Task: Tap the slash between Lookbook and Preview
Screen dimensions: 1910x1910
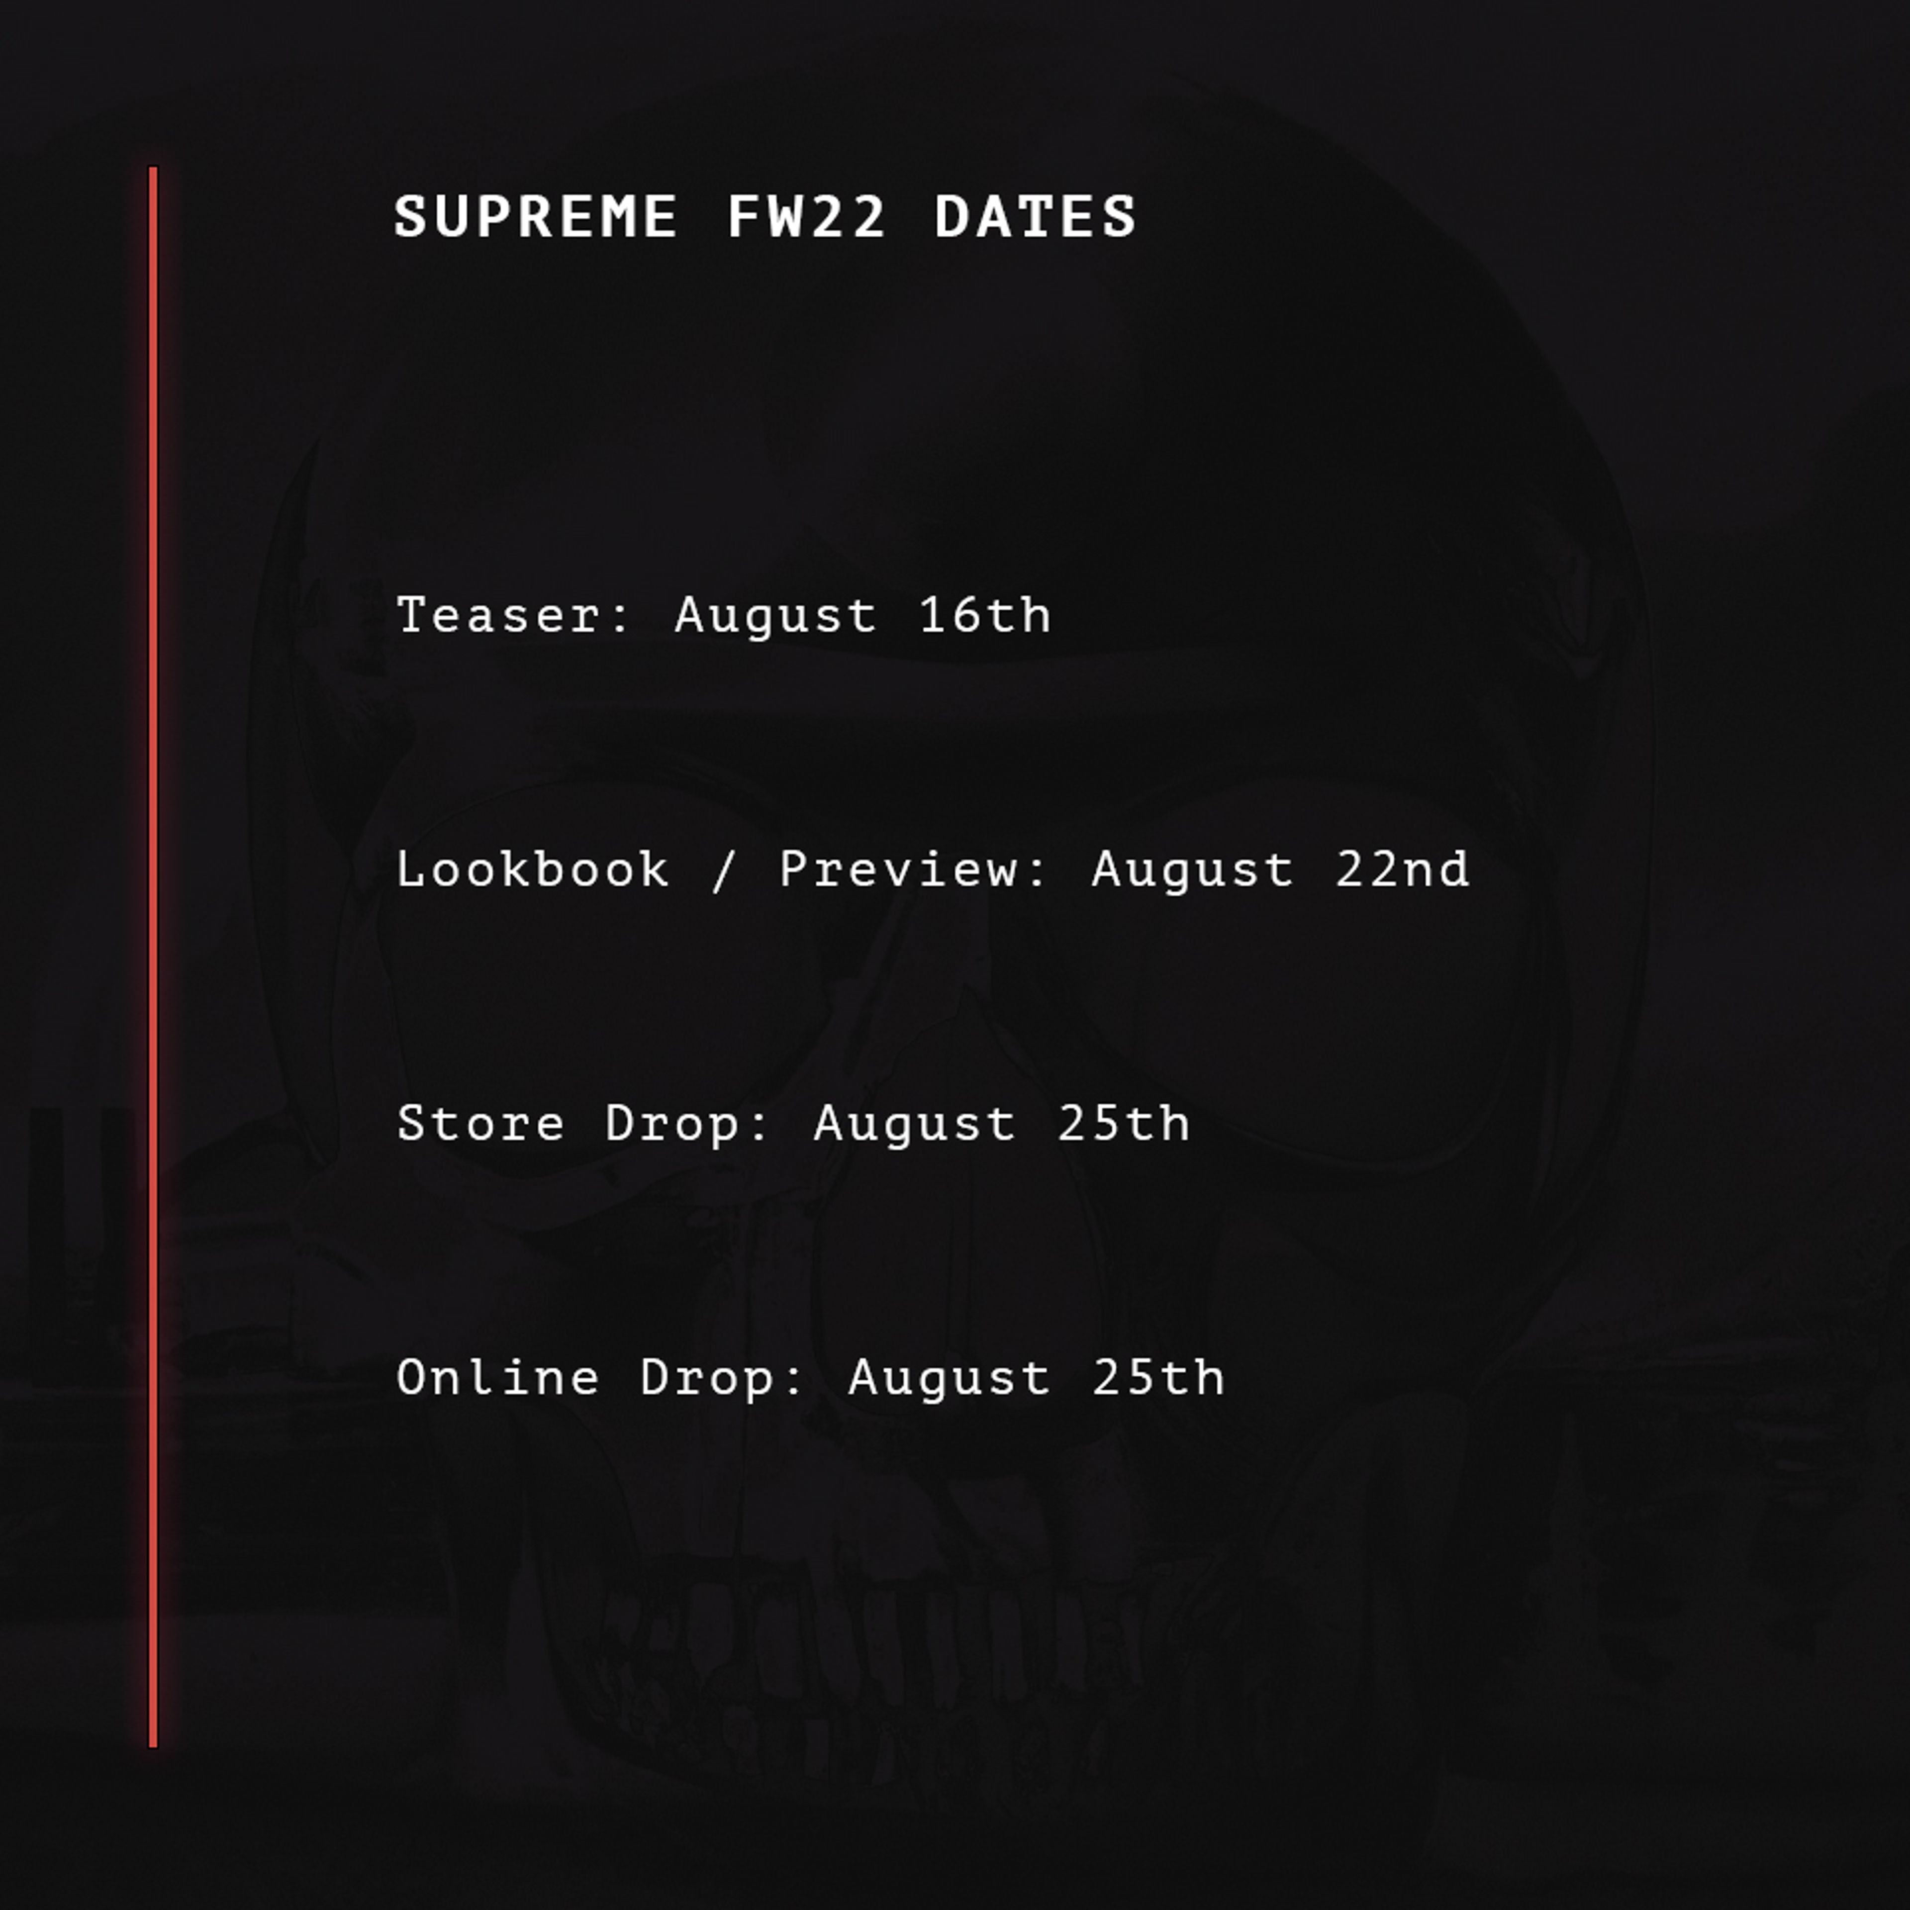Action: coord(724,870)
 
